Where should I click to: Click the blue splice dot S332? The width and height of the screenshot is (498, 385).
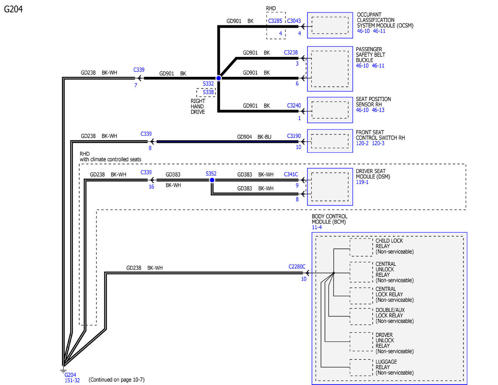click(219, 78)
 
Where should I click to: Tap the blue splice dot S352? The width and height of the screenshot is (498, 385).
click(212, 180)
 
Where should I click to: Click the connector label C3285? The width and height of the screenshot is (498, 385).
click(275, 21)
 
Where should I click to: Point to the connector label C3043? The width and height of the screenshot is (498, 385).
click(294, 21)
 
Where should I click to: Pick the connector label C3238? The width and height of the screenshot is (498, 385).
click(291, 52)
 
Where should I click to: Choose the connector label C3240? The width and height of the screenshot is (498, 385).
click(294, 105)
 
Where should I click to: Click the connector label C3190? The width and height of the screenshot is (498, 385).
click(294, 136)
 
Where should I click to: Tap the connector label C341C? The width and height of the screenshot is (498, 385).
click(291, 174)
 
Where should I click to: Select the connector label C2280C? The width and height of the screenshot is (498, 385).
click(297, 267)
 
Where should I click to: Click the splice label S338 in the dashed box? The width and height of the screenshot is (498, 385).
click(208, 92)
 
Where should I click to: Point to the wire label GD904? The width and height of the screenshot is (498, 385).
click(244, 137)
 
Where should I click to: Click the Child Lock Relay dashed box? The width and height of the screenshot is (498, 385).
click(361, 247)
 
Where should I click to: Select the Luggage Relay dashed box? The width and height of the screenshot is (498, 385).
click(361, 367)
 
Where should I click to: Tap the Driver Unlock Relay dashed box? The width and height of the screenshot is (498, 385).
click(361, 342)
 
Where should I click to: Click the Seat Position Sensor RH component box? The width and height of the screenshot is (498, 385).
click(330, 110)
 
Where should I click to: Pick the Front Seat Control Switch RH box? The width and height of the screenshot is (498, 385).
click(330, 141)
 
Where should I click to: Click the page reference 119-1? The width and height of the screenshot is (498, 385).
click(362, 182)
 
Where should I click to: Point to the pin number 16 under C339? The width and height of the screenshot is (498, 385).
click(151, 186)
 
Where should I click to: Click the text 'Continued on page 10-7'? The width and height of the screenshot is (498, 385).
click(117, 380)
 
